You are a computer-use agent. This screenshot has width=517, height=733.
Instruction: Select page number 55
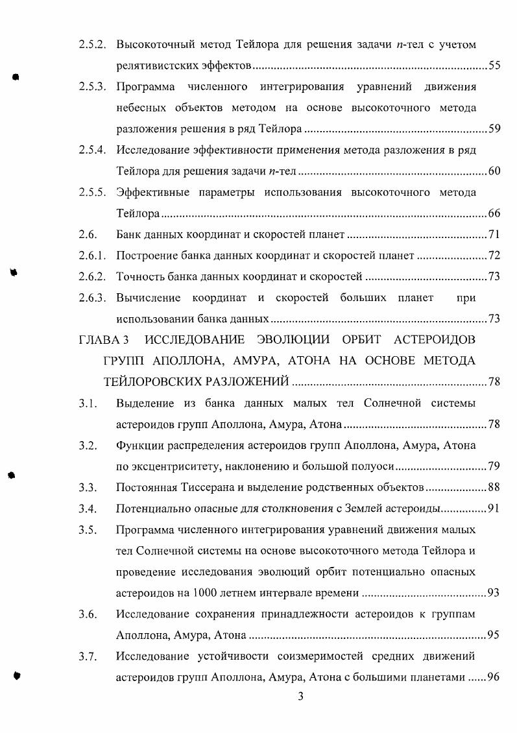click(x=494, y=66)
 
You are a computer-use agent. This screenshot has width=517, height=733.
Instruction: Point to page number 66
click(x=494, y=213)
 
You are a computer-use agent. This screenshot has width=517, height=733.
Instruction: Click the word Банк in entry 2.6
click(x=129, y=234)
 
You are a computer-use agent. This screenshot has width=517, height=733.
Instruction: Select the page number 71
click(x=494, y=234)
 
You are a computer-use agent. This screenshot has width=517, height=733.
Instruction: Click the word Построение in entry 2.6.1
click(x=146, y=256)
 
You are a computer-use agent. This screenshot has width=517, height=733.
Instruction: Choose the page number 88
click(x=494, y=487)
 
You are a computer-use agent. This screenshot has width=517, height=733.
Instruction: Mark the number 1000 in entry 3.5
click(x=204, y=593)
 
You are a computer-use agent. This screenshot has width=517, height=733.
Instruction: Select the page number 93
click(x=494, y=593)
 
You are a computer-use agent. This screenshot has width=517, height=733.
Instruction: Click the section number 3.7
click(x=88, y=656)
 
